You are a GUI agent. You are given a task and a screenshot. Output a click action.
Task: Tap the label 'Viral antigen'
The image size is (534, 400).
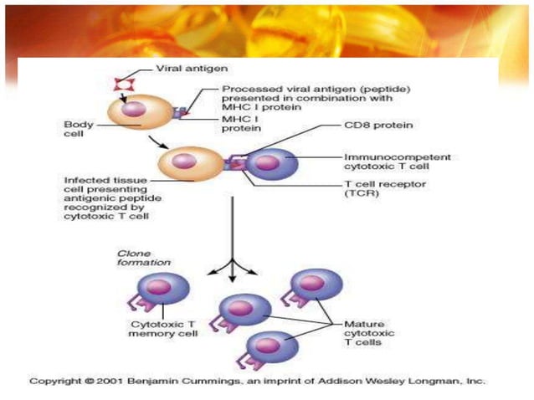182,69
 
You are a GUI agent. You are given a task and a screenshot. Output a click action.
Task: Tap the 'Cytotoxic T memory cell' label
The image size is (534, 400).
163,328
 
